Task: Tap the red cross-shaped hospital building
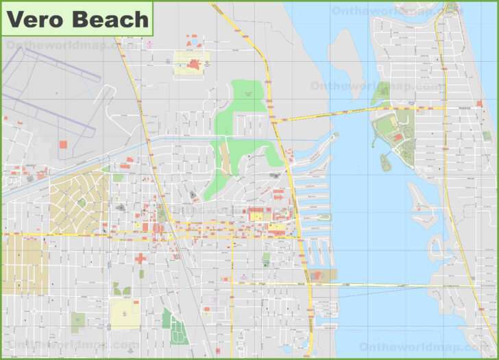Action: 141,259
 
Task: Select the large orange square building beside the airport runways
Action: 64,145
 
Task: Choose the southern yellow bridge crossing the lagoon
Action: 384,285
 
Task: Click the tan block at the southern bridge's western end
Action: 323,276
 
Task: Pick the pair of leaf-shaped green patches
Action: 121,289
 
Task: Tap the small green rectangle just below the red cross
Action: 142,274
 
